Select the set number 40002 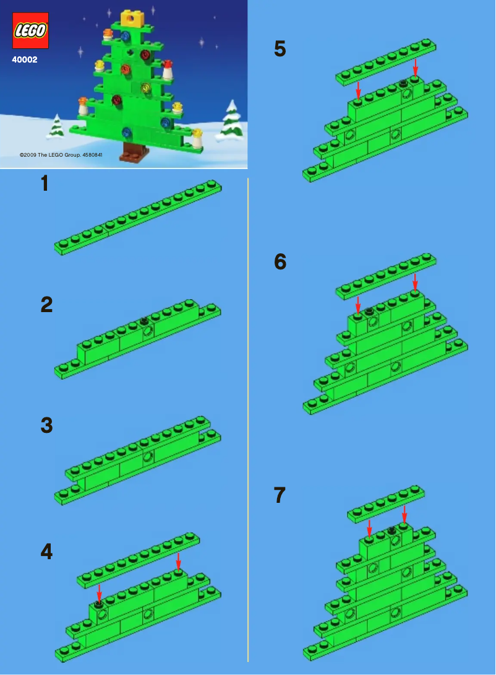24,60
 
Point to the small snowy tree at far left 56,126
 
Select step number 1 45,184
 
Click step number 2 46,305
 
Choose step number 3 46,425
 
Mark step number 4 46,552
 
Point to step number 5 280,50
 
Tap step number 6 280,263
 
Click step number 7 280,495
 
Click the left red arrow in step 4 98,593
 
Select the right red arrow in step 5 415,67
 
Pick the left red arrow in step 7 369,528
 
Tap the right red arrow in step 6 415,281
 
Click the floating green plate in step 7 386,503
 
